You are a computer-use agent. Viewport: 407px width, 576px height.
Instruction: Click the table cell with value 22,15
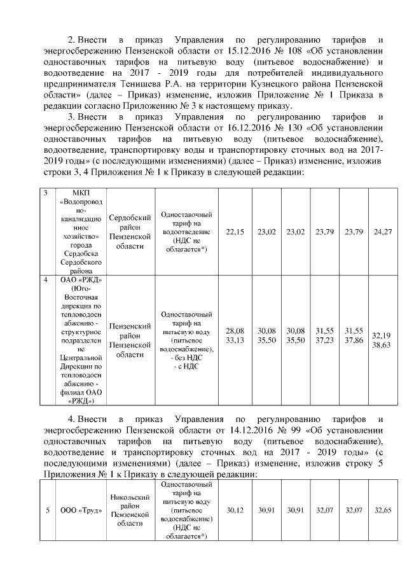(235, 232)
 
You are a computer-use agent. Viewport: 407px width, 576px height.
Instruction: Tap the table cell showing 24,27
(383, 232)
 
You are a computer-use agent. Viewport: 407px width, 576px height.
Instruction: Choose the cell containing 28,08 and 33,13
(235, 336)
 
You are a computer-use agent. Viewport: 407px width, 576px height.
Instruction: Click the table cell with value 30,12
(235, 510)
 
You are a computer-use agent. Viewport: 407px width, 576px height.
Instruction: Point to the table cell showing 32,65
(383, 510)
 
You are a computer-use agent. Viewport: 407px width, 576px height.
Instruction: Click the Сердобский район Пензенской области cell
(130, 232)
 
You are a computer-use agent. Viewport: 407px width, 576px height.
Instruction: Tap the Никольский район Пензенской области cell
(130, 510)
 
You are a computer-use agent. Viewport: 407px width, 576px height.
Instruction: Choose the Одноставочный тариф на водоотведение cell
(186, 232)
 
